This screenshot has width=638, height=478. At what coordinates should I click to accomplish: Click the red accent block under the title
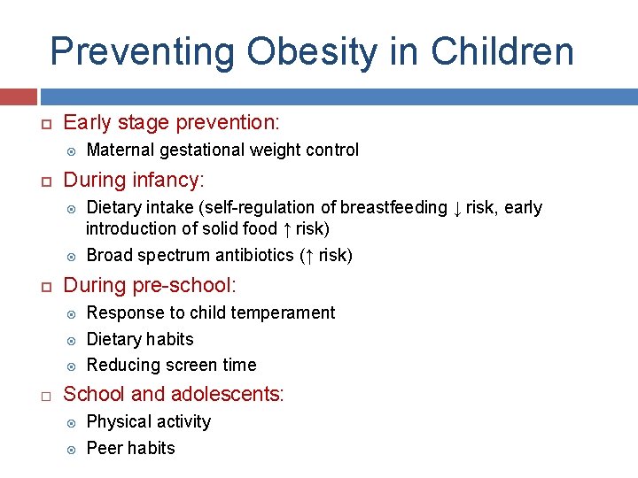pyautogui.click(x=18, y=96)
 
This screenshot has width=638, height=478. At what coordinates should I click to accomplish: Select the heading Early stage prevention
pyautogui.click(x=171, y=122)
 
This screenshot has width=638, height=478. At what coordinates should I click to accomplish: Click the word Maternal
pyautogui.click(x=121, y=150)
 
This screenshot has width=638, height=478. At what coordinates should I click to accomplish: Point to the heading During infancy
pyautogui.click(x=134, y=181)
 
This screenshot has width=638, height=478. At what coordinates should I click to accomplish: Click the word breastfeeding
pyautogui.click(x=394, y=208)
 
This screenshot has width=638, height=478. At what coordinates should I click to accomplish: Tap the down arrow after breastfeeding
pyautogui.click(x=457, y=208)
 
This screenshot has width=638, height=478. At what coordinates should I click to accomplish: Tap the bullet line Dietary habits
pyautogui.click(x=140, y=340)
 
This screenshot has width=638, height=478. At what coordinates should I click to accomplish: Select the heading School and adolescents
pyautogui.click(x=174, y=395)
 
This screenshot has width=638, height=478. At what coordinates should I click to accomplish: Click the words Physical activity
pyautogui.click(x=149, y=422)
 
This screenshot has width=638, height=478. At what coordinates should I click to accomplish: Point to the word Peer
pyautogui.click(x=104, y=449)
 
